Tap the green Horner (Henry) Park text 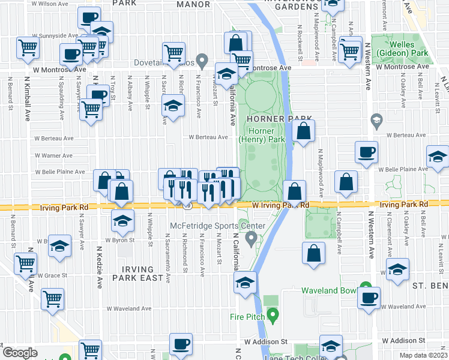click(x=261, y=135)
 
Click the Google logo click(x=19, y=353)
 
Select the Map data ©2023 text click(x=424, y=355)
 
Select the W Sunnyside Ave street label click(x=56, y=35)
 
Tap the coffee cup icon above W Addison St click(x=181, y=344)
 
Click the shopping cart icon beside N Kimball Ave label click(x=28, y=49)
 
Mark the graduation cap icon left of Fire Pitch click(x=245, y=283)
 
